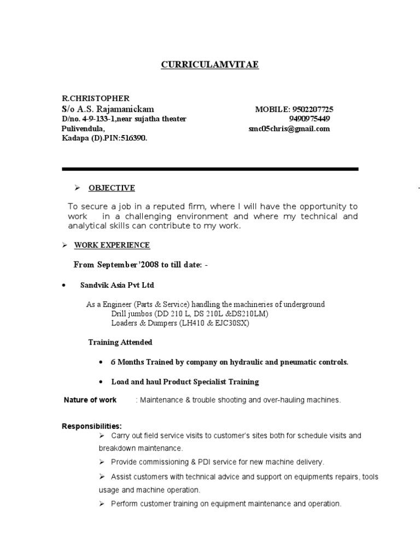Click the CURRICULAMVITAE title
click(x=210, y=65)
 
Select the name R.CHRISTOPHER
click(x=96, y=99)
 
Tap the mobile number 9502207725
click(x=309, y=109)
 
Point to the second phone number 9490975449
click(x=309, y=119)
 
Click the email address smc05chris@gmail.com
click(x=289, y=129)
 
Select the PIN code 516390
click(x=135, y=138)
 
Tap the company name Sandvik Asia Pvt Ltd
click(x=121, y=285)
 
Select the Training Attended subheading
click(x=120, y=342)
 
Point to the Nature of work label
click(x=90, y=400)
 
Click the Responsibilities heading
click(x=92, y=426)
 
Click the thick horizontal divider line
click(x=210, y=169)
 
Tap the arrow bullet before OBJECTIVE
click(x=77, y=188)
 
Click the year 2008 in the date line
click(x=167, y=265)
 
